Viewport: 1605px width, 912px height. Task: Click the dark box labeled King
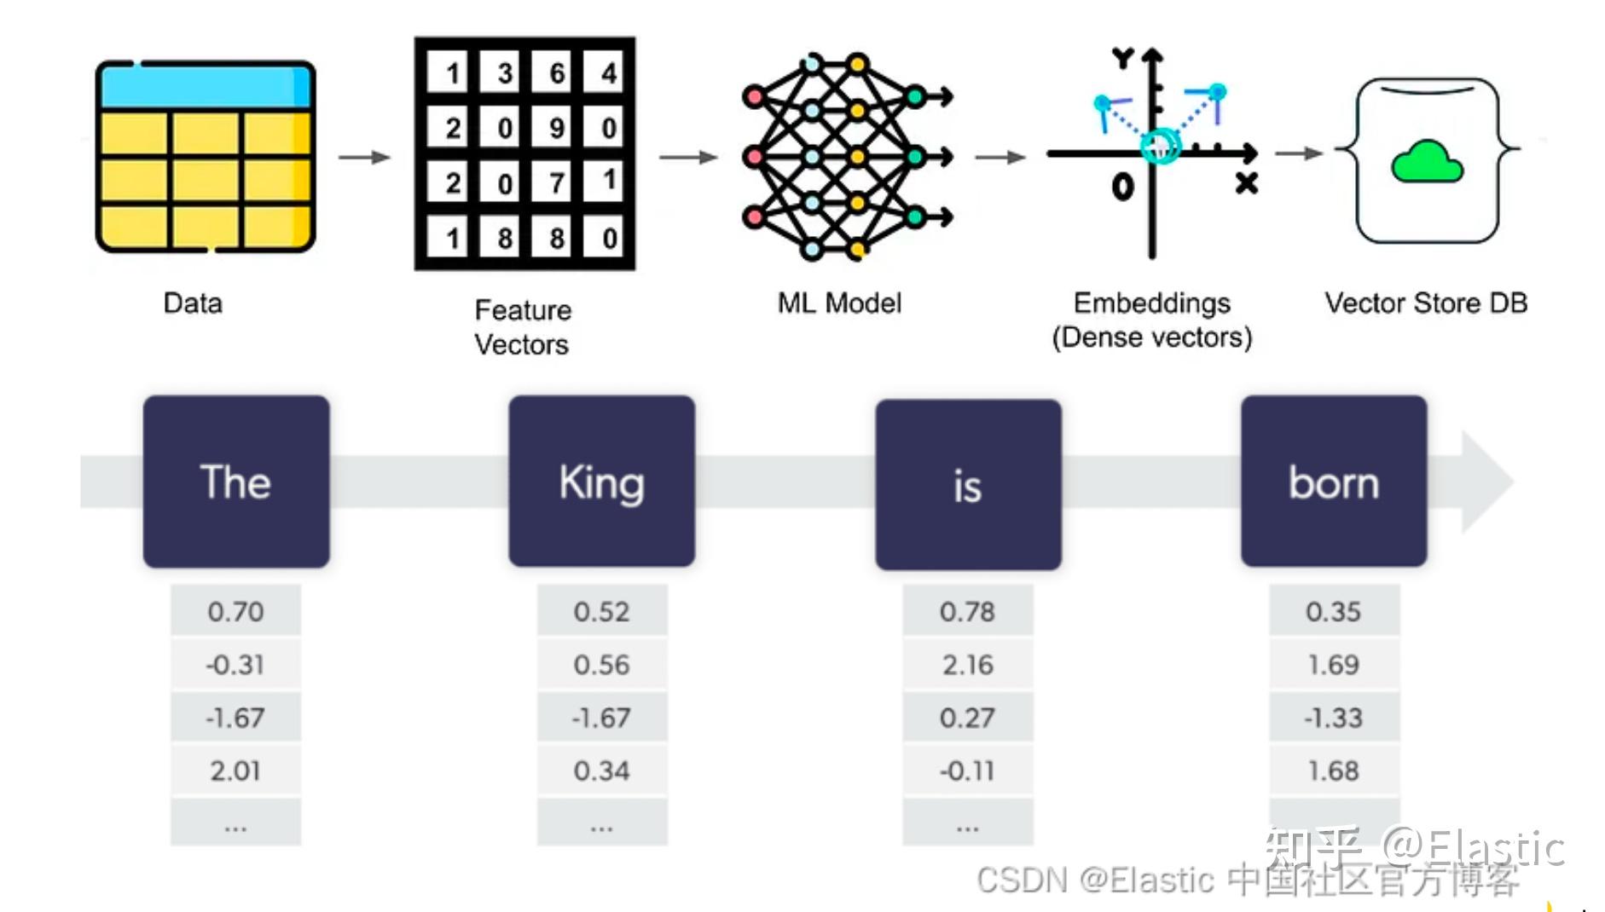point(601,481)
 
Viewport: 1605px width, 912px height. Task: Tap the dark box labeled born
point(1333,481)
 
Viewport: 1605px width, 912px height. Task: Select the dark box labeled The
point(235,481)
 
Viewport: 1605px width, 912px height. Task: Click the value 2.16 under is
point(967,664)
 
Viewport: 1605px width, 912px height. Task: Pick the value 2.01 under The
point(235,771)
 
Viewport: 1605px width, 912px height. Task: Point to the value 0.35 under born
point(1333,611)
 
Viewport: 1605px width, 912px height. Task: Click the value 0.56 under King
point(601,664)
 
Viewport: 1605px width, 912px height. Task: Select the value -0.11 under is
point(967,771)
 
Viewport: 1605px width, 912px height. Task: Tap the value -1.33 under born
point(1333,718)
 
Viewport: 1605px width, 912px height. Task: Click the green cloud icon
point(1426,162)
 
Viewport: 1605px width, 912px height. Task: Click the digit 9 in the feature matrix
point(556,128)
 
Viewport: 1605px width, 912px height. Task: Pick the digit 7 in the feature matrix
point(556,182)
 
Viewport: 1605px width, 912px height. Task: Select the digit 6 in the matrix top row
point(556,73)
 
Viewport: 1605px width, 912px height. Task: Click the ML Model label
point(839,303)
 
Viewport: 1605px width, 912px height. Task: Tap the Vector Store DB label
point(1426,303)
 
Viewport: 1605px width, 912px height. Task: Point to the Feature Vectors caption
point(522,326)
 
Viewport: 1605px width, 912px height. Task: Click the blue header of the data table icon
point(205,86)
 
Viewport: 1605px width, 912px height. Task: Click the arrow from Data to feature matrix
point(363,157)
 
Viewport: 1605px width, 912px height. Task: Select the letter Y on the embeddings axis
point(1122,59)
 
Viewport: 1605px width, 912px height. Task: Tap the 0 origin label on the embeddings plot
point(1122,186)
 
